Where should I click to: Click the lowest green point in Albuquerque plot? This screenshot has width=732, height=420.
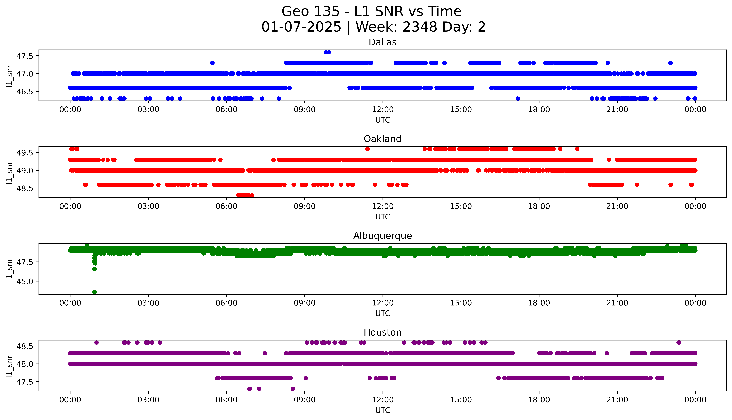pyautogui.click(x=94, y=292)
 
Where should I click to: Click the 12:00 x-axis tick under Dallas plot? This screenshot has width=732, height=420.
pyautogui.click(x=383, y=110)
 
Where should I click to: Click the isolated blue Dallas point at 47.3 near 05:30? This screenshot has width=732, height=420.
pyautogui.click(x=212, y=63)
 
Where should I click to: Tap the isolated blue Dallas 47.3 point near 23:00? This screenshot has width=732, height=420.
pyautogui.click(x=670, y=63)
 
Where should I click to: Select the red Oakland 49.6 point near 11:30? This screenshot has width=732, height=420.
pyautogui.click(x=367, y=149)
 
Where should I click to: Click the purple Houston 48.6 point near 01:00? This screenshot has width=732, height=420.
pyautogui.click(x=97, y=342)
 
